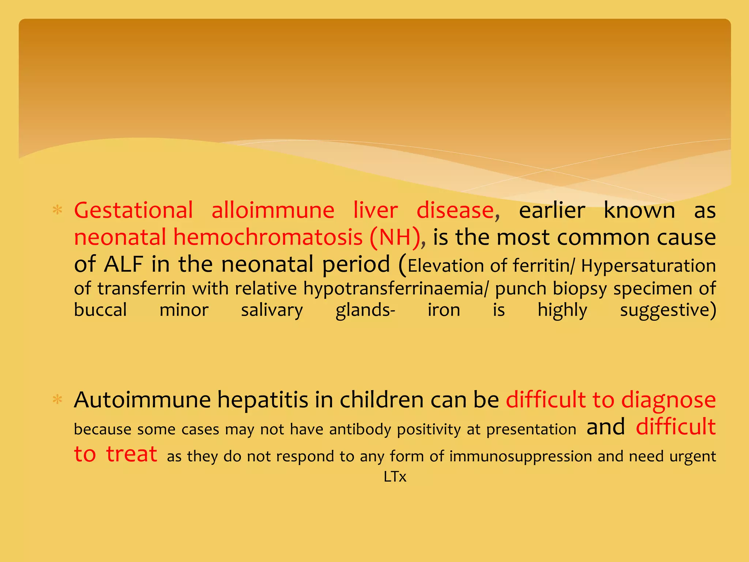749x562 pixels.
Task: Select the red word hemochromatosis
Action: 268,237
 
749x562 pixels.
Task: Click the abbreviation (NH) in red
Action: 395,237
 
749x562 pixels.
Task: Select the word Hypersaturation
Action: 648,266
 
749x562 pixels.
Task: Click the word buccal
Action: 100,310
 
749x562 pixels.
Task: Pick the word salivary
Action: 272,311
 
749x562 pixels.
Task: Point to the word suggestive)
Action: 668,311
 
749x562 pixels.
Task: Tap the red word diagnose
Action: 669,400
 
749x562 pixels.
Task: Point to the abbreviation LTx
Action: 395,477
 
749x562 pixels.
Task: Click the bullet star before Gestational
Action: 57,210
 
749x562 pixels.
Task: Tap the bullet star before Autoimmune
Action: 57,400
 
